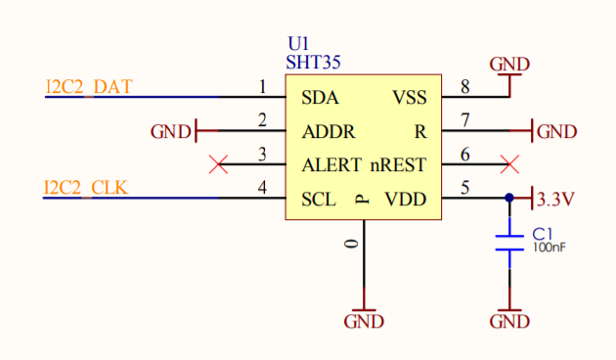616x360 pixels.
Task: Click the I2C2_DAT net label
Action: coord(89,87)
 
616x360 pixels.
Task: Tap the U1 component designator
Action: coord(297,45)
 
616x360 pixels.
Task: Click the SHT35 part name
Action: coord(313,62)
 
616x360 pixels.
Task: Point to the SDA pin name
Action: coord(321,98)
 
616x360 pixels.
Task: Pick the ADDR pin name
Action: coord(329,132)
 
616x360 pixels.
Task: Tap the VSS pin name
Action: coord(410,98)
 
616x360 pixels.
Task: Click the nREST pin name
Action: coord(398,165)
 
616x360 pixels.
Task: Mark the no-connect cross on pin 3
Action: coord(221,164)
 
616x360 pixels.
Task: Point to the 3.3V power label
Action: coord(555,199)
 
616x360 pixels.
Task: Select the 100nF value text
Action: coord(549,248)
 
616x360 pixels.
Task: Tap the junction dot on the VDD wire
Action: coord(508,198)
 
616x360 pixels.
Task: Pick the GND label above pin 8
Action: coord(509,65)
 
